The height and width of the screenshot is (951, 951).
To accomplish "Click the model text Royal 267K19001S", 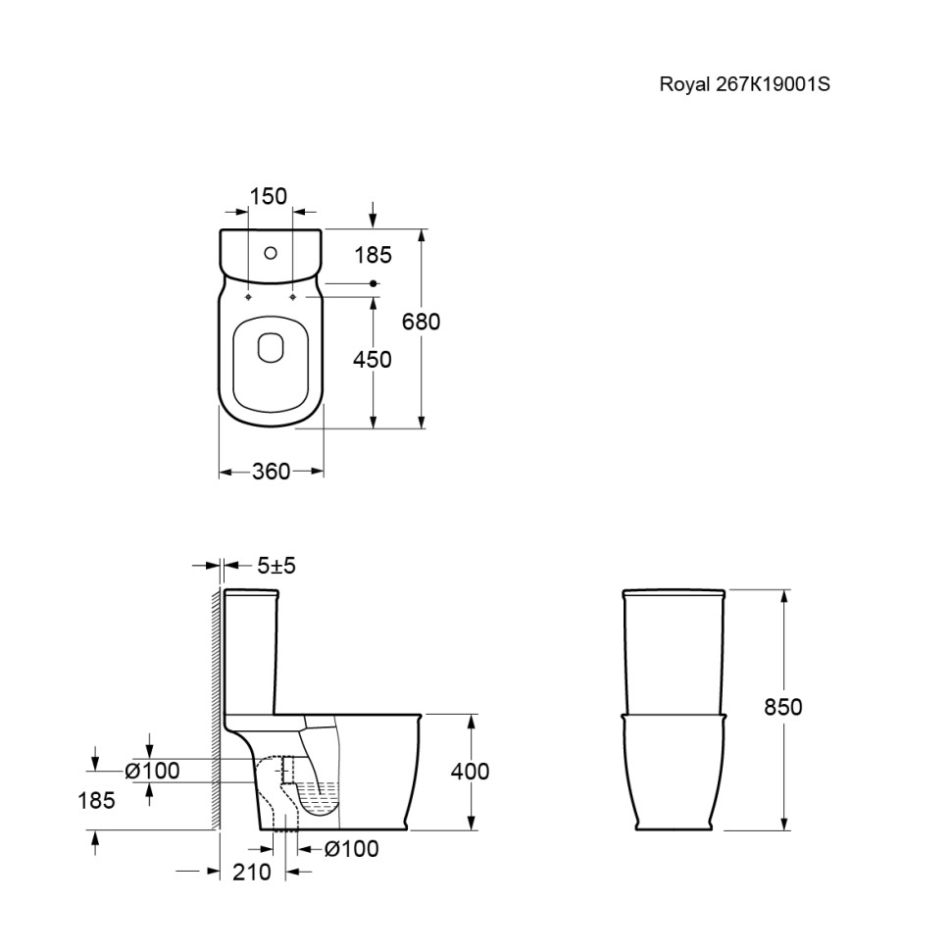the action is coord(744,83).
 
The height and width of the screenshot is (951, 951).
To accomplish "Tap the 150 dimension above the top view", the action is coord(268,196).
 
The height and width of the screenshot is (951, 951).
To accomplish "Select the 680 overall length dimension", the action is coord(421,322).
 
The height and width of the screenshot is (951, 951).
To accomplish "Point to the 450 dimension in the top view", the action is coord(373,360).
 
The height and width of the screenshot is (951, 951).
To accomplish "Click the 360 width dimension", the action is coord(272,472).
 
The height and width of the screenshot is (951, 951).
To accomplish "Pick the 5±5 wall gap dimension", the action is coord(276,566).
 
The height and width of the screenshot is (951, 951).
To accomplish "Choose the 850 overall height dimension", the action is coord(783,707).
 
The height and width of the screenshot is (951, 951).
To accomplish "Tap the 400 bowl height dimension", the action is coord(470,772).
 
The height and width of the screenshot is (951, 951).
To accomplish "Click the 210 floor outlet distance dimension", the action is coord(252,873).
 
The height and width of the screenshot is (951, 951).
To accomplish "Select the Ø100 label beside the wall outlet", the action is coord(152,771).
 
